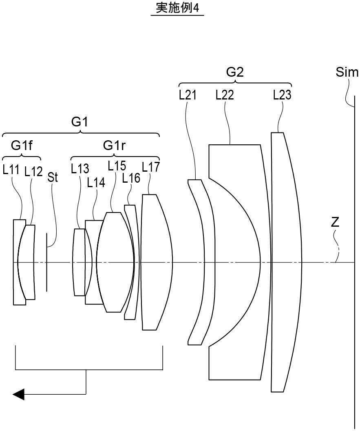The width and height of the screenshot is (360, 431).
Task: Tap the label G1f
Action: coord(21,146)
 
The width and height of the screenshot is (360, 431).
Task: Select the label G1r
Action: coord(114,146)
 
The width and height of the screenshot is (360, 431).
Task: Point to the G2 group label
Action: coord(235,72)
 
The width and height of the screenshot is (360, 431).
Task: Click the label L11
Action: coord(11,170)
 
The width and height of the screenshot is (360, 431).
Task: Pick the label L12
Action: coord(33,172)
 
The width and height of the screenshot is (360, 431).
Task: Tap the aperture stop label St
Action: coord(53,177)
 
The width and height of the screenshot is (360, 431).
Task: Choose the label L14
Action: coord(96,182)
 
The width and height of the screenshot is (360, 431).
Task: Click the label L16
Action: coord(131,178)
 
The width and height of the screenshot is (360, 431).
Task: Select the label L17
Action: coord(151,167)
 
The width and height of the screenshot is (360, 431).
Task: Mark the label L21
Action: coord(188,95)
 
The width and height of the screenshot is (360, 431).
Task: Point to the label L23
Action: coord(282,95)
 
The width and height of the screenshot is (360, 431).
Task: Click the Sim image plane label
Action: coord(347,72)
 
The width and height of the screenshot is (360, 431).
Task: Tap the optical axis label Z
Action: coord(335,223)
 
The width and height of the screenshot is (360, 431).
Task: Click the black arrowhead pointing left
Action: coord(19,394)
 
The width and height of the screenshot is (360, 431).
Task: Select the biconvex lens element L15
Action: coord(115,262)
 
